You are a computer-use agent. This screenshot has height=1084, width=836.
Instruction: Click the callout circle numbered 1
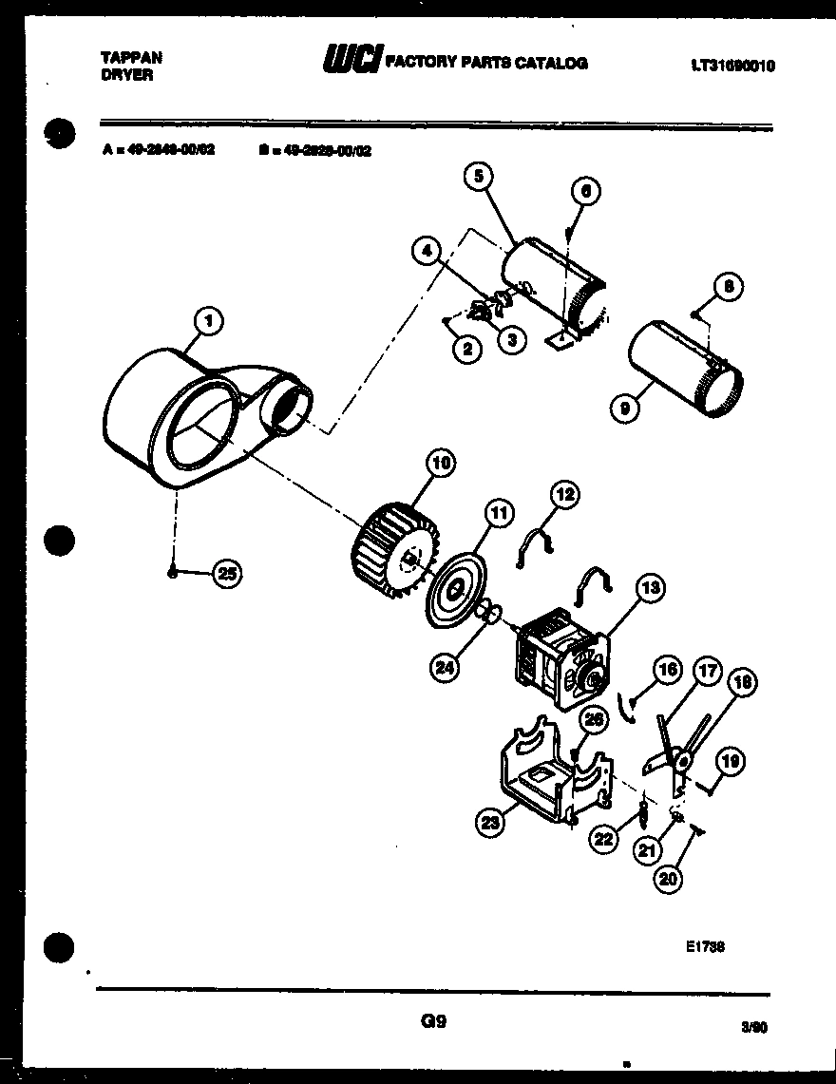point(208,323)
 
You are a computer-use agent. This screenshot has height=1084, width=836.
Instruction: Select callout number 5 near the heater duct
point(479,177)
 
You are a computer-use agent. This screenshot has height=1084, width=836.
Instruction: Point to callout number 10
point(439,464)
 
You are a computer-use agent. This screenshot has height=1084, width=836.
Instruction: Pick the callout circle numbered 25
point(226,573)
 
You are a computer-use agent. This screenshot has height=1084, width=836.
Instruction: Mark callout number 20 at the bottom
point(668,879)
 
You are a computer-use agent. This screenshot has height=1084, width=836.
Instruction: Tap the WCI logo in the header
point(351,62)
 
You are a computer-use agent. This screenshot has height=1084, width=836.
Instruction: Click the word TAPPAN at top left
point(131,58)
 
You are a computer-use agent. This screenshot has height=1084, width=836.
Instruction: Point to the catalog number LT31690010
point(732,66)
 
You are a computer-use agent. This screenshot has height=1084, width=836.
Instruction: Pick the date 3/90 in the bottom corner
point(753,1027)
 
